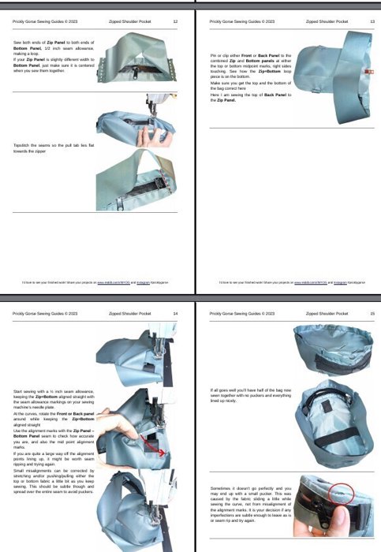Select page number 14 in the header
coord(174,313)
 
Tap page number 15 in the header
coord(372,313)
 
